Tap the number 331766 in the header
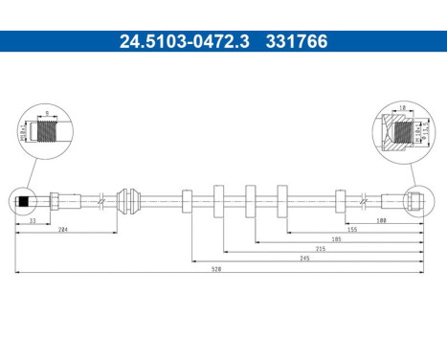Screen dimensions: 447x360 290,41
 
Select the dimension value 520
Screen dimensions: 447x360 217,269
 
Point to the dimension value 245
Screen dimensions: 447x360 305,258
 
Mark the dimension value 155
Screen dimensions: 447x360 352,229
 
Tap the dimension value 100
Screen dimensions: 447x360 380,220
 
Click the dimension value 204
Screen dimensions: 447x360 62,230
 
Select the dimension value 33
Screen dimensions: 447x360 32,220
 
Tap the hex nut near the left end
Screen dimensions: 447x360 56,201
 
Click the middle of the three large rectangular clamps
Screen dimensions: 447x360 251,201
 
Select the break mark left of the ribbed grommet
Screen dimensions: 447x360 101,201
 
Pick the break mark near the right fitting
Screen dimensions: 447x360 362,201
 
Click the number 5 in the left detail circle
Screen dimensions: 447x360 48,112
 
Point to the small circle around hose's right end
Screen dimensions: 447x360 415,201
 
